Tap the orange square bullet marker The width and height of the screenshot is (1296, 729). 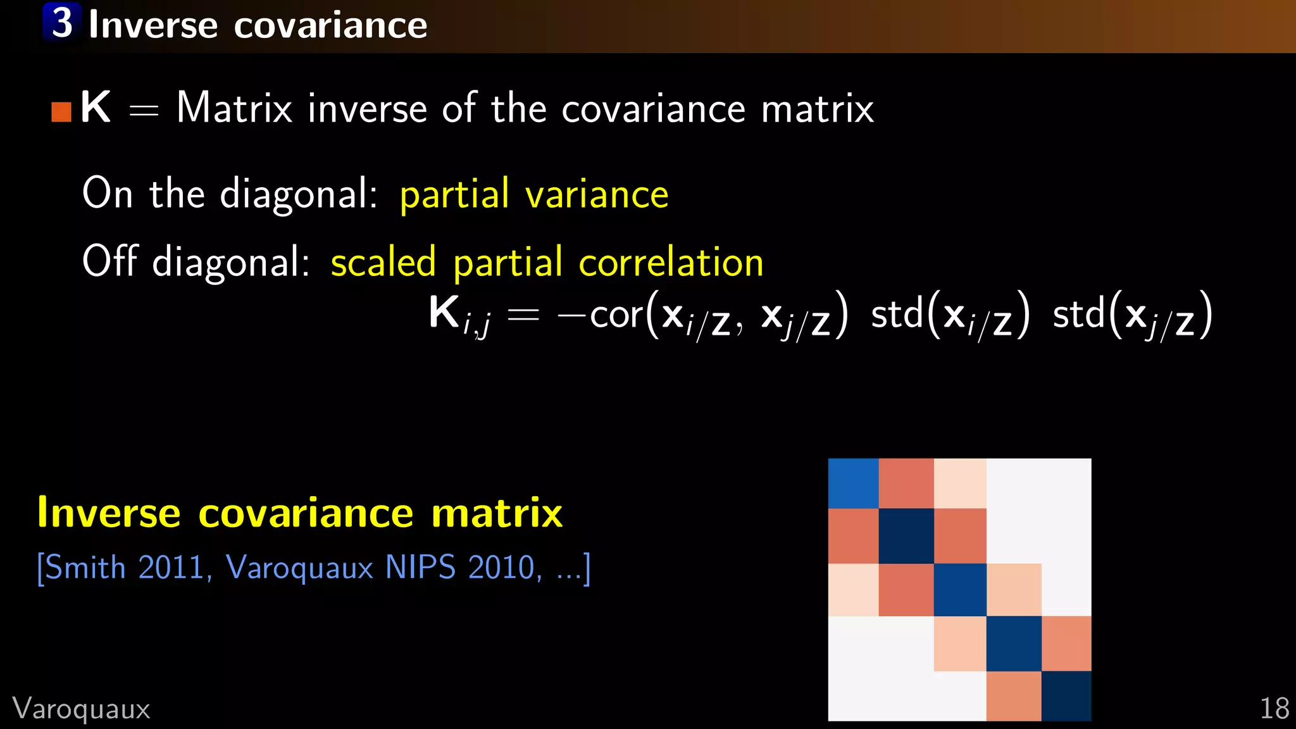(61, 112)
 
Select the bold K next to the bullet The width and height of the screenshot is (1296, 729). (96, 107)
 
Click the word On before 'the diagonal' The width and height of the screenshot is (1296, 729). (108, 192)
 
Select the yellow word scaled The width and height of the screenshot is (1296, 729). (383, 261)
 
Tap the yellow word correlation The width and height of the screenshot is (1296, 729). (671, 262)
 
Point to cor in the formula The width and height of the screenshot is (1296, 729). (616, 315)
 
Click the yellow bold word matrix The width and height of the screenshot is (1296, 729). (497, 513)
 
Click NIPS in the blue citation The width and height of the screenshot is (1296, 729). (420, 567)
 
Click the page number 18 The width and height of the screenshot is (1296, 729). (1274, 708)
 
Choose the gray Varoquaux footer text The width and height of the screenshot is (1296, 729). (81, 709)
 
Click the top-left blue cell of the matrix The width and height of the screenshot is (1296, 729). (853, 483)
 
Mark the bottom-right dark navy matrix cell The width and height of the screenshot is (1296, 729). (1066, 695)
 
